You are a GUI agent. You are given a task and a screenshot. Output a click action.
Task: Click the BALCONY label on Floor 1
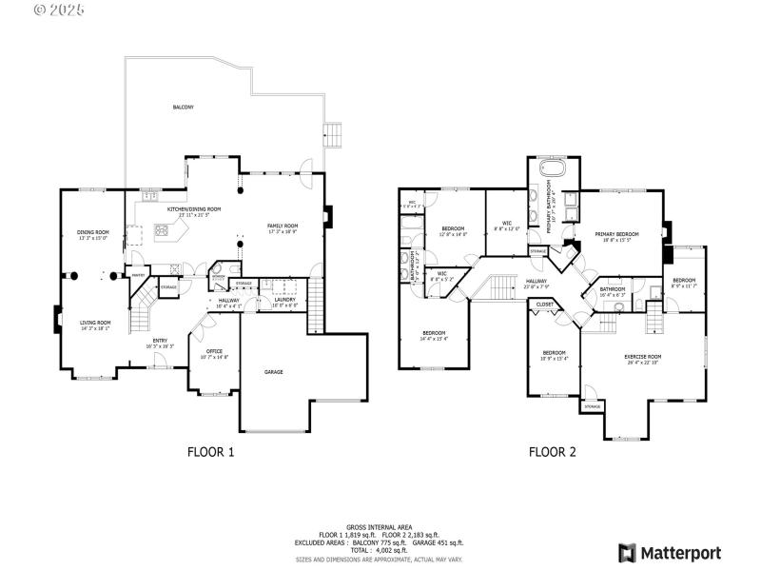[183, 108]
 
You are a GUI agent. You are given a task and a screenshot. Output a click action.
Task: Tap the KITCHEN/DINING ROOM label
[194, 208]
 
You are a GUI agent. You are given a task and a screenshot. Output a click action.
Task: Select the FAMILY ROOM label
[283, 226]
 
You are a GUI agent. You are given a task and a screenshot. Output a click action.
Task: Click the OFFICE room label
[214, 351]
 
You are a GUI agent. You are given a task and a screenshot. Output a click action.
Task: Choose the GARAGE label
[274, 372]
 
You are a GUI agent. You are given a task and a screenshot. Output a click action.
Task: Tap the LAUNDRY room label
[284, 301]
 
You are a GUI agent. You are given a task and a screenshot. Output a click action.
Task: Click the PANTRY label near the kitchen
[138, 276]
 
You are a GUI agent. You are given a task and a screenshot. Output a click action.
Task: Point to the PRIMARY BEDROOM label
[616, 234]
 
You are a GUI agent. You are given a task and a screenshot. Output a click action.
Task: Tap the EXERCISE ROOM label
[642, 356]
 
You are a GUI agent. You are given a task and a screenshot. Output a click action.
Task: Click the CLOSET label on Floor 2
[545, 305]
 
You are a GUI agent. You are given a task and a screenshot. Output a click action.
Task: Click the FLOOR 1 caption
[211, 453]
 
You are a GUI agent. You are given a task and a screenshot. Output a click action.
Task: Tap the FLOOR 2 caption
[553, 453]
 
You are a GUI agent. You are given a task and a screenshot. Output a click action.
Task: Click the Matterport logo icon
[627, 553]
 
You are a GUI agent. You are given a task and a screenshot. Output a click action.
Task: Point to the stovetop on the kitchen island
[162, 229]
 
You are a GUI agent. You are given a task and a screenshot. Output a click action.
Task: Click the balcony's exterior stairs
[333, 132]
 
